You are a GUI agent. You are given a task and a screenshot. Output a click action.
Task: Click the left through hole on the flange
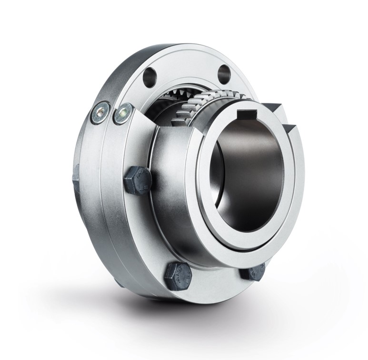[149, 74]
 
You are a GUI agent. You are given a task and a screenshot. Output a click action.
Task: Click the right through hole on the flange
[224, 73]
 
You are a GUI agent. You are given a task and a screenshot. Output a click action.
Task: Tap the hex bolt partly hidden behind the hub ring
[252, 272]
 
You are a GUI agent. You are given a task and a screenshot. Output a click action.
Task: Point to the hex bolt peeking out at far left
[75, 176]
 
